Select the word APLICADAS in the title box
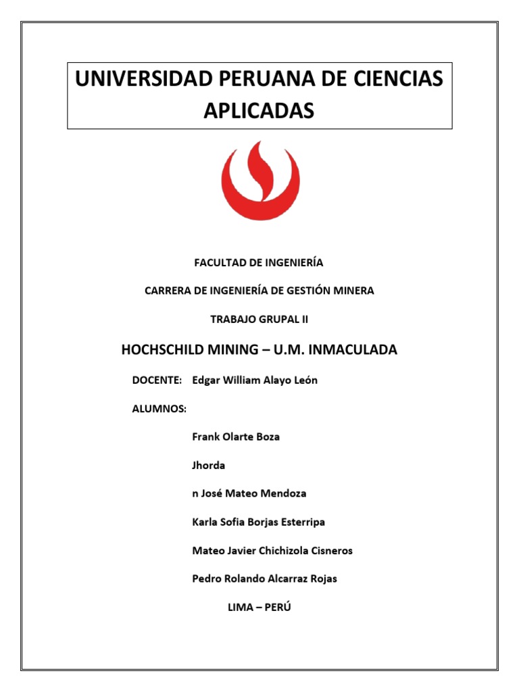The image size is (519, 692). pyautogui.click(x=259, y=111)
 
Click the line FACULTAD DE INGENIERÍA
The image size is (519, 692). pyautogui.click(x=259, y=262)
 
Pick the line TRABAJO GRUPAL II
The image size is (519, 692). pyautogui.click(x=259, y=318)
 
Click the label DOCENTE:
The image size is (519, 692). pyautogui.click(x=157, y=380)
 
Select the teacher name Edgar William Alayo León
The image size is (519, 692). pyautogui.click(x=255, y=380)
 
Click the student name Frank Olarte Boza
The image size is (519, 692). pyautogui.click(x=236, y=437)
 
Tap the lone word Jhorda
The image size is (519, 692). pyautogui.click(x=209, y=465)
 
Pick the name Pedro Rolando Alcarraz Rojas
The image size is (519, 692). pyautogui.click(x=264, y=578)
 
